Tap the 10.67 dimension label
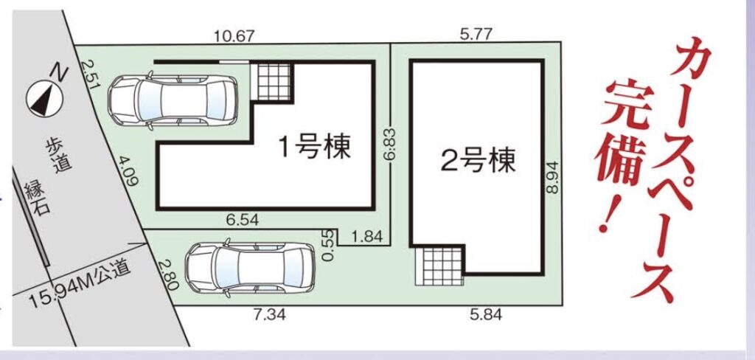(234, 35)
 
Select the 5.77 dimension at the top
(476, 34)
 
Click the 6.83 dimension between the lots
(390, 144)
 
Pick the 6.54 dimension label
(243, 221)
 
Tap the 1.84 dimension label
(367, 236)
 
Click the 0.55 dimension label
(328, 245)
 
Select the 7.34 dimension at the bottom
(270, 315)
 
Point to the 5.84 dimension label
(486, 315)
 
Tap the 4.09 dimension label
(127, 170)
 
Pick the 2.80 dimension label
(168, 274)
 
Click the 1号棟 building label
(315, 147)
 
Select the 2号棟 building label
(478, 161)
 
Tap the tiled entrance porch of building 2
(439, 266)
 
